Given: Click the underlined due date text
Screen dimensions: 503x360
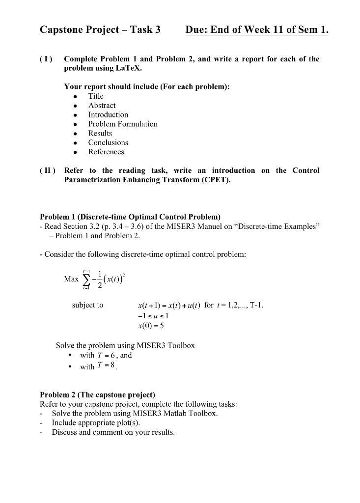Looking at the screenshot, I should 257,30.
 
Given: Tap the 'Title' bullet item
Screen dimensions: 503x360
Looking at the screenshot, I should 96,96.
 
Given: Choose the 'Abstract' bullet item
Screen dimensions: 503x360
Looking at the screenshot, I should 102,106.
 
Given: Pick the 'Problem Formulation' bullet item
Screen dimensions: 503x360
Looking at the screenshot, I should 123,124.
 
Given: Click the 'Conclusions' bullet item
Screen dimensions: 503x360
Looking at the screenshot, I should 108,143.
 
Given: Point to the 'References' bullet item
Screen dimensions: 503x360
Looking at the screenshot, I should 106,152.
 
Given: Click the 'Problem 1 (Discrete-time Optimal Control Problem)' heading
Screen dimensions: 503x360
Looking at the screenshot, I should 130,217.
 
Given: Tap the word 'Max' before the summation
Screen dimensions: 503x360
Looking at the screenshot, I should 71,279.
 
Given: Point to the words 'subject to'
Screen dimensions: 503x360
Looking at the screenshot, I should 87,305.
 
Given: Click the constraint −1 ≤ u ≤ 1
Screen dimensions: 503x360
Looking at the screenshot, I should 155,315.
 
